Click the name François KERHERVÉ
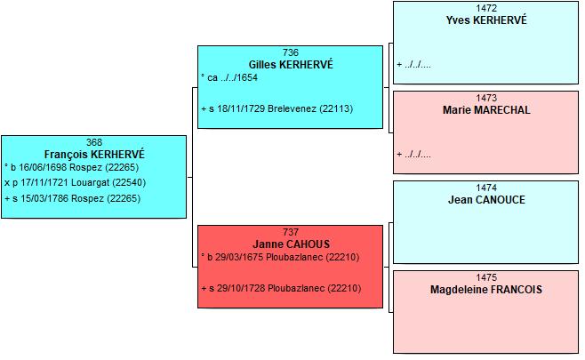94,154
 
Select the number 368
94,142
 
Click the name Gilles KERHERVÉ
291,65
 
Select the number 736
291,52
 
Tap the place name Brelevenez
292,109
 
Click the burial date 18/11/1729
241,109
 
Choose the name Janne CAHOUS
292,244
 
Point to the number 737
291,232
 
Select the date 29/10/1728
241,288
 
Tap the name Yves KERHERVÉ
486,20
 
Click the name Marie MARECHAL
486,110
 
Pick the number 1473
486,98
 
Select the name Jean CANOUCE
486,200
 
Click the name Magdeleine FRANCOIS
486,290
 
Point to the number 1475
486,277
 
